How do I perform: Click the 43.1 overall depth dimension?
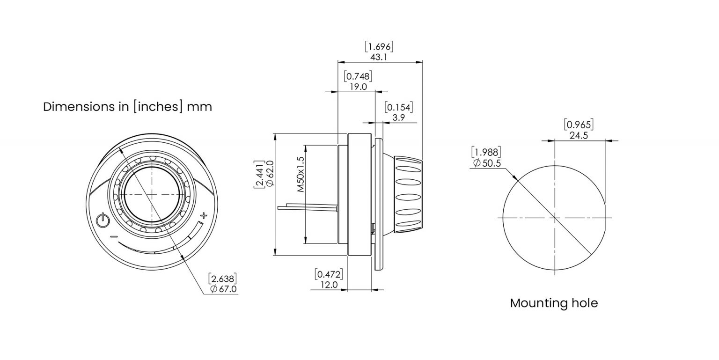click(379, 57)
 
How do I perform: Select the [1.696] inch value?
click(379, 46)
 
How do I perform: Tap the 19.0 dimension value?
click(358, 87)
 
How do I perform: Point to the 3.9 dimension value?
click(399, 118)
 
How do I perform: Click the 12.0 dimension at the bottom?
click(329, 285)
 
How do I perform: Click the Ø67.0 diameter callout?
click(224, 289)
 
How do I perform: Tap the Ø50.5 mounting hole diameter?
click(487, 163)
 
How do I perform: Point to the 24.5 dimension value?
click(579, 135)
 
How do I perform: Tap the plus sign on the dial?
click(203, 216)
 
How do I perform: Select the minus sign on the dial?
click(114, 237)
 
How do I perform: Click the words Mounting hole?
click(554, 303)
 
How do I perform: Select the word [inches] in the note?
click(158, 107)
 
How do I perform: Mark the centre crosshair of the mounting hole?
click(555, 218)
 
